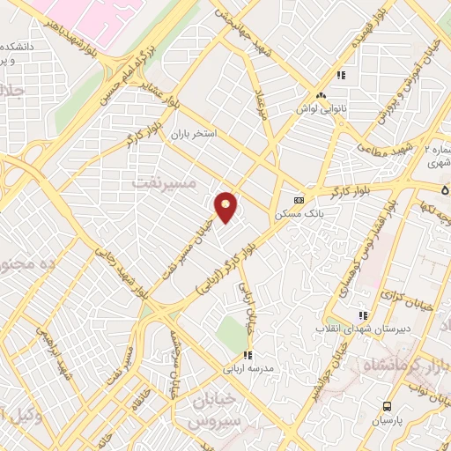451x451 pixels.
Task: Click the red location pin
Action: pos(226,207)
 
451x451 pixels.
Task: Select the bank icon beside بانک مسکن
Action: pos(299,198)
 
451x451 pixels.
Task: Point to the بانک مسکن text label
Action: pos(299,213)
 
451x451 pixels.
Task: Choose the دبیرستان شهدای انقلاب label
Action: pos(359,329)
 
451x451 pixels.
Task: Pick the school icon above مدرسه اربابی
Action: pos(248,355)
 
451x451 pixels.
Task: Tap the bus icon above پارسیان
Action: pos(388,406)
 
